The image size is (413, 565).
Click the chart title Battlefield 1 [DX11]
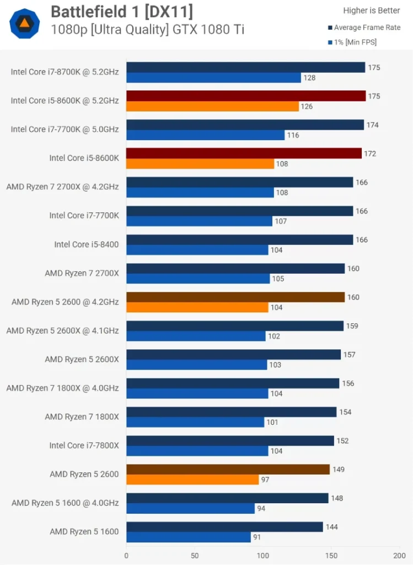pyautogui.click(x=121, y=11)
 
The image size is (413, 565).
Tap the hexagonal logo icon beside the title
pyautogui.click(x=25, y=23)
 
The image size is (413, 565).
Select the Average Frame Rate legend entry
pyautogui.click(x=367, y=28)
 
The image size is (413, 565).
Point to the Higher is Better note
pyautogui.click(x=372, y=10)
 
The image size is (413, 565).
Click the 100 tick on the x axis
pyautogui.click(x=263, y=556)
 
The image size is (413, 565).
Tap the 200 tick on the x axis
pyautogui.click(x=399, y=556)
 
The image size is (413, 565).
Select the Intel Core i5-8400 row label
pyautogui.click(x=86, y=244)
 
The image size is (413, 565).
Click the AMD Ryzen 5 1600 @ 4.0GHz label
pyautogui.click(x=65, y=503)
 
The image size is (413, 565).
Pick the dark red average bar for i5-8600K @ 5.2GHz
pyautogui.click(x=246, y=96)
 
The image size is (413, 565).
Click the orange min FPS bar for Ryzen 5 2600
pyautogui.click(x=192, y=479)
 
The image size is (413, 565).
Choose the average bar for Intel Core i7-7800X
pyautogui.click(x=230, y=440)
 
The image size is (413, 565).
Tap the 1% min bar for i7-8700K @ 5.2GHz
pyautogui.click(x=213, y=78)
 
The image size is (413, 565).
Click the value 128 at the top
pyautogui.click(x=309, y=78)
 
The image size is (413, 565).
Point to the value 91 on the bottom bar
pyautogui.click(x=257, y=537)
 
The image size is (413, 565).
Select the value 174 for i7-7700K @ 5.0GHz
pyautogui.click(x=373, y=125)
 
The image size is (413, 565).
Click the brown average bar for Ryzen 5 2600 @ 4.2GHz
pyautogui.click(x=235, y=297)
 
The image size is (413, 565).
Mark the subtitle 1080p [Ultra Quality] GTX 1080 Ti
pyautogui.click(x=147, y=30)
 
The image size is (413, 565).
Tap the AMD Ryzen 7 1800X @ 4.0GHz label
pyautogui.click(x=62, y=388)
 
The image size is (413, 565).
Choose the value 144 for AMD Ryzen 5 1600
pyautogui.click(x=332, y=527)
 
